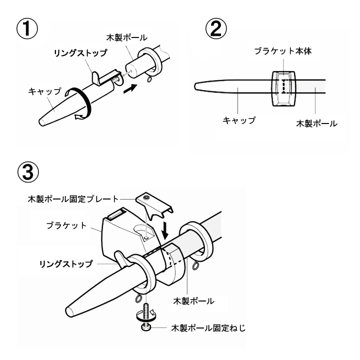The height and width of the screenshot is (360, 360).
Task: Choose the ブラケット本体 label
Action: pos(282,51)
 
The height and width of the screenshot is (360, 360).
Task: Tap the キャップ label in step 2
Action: pos(238,120)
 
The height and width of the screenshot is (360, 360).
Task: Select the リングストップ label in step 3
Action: pos(66,264)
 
